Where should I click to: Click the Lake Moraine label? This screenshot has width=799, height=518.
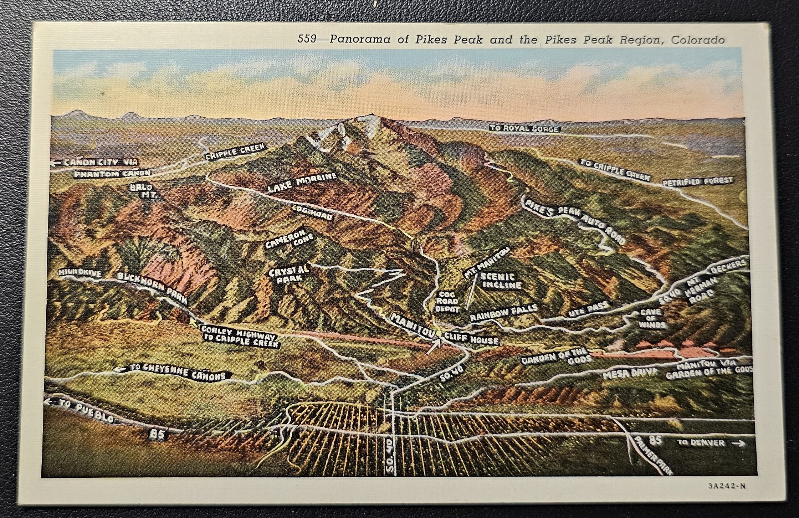(302, 183)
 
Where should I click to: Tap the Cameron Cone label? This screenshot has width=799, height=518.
(290, 239)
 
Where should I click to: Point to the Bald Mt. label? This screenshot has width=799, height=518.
(142, 191)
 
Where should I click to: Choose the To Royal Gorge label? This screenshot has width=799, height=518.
(525, 129)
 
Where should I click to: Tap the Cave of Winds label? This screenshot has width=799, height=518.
(652, 318)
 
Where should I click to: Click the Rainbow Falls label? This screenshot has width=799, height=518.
(503, 313)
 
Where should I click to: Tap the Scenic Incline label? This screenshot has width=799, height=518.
(501, 281)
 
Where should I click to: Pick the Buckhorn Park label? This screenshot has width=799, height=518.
(152, 288)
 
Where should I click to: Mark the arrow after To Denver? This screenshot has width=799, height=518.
(739, 443)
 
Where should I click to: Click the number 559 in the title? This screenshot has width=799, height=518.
(306, 39)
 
